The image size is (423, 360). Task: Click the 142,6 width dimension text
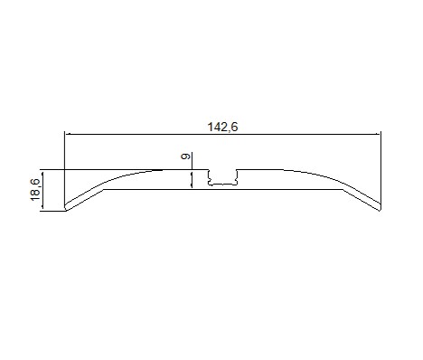click(222, 127)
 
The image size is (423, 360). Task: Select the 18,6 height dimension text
click(35, 190)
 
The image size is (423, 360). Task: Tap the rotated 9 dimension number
click(185, 156)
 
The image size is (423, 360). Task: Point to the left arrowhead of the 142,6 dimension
click(69, 134)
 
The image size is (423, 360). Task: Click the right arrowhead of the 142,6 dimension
click(377, 134)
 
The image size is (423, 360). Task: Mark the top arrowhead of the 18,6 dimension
click(42, 174)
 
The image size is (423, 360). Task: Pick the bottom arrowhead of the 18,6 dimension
click(42, 206)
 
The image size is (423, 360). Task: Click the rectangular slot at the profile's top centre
click(222, 177)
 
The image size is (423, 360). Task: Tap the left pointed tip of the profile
click(65, 208)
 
